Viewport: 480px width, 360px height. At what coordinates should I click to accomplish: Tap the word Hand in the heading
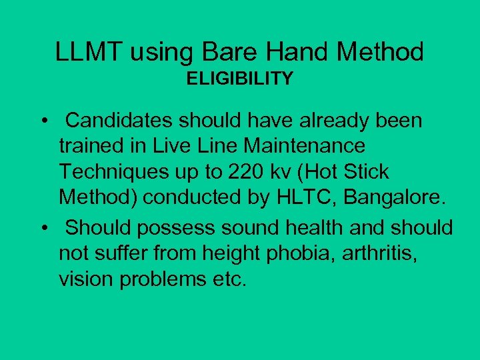pyautogui.click(x=303, y=51)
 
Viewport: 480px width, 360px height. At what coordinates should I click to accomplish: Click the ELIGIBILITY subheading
pyautogui.click(x=239, y=79)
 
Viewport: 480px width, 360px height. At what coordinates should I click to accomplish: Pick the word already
pyautogui.click(x=333, y=121)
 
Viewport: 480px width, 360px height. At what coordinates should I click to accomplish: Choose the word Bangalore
pyautogui.click(x=388, y=197)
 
